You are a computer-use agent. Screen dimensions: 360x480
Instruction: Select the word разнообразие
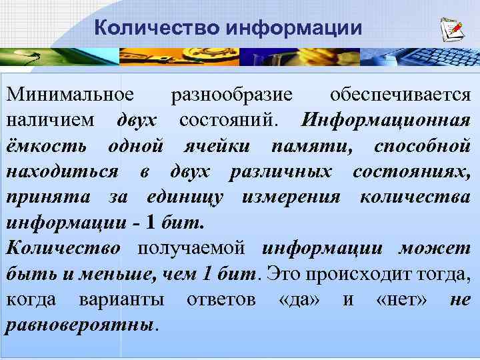[x=232, y=95]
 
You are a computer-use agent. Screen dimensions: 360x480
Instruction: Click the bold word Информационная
[x=386, y=120]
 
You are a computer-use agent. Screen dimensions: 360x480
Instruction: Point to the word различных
[x=281, y=171]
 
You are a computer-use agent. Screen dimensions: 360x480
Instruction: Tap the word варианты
[x=121, y=299]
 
